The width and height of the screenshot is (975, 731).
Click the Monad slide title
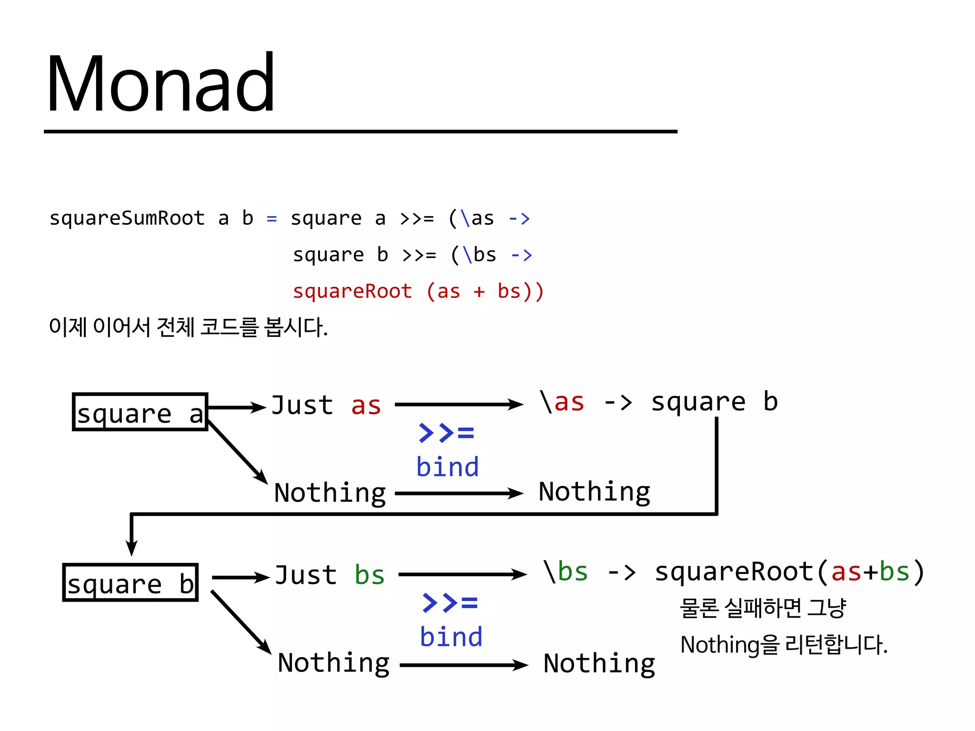(x=161, y=84)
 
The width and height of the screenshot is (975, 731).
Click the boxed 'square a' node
(x=140, y=412)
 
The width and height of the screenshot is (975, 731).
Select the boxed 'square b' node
(x=130, y=583)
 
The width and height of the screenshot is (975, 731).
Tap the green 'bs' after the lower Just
(x=369, y=576)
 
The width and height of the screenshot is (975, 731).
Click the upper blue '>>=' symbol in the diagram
(x=446, y=433)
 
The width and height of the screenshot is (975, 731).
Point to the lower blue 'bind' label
(x=451, y=637)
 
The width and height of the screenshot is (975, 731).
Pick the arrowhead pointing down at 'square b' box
(x=132, y=547)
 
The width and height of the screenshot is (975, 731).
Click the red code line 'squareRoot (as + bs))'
(x=418, y=291)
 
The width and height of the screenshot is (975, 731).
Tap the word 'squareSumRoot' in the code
(x=127, y=218)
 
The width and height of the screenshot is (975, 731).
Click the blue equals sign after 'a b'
(x=272, y=219)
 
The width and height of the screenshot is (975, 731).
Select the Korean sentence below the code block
(x=189, y=327)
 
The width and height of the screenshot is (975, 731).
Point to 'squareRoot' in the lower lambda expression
(x=734, y=572)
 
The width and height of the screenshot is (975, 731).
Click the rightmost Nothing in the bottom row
(x=599, y=663)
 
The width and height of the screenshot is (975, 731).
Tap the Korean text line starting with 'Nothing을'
(x=784, y=645)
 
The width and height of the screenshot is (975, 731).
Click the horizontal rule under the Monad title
(x=360, y=131)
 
